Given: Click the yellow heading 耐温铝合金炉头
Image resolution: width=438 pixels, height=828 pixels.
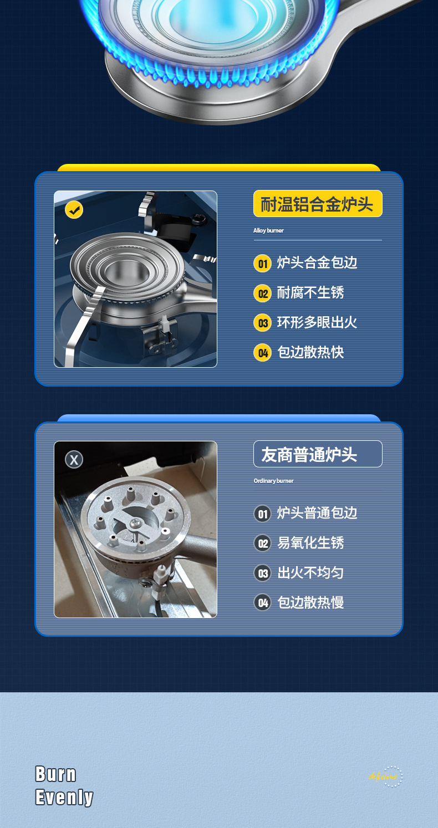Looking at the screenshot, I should click(317, 204).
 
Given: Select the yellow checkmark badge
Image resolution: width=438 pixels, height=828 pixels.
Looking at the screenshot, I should click(74, 210).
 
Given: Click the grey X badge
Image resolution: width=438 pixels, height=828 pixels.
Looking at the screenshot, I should click(74, 459).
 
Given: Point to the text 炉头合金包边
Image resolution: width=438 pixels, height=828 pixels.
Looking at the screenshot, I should click(317, 263).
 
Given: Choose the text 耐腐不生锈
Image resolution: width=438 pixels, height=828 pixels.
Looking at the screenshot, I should click(310, 292).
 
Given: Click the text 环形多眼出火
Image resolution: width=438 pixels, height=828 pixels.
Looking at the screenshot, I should click(317, 322).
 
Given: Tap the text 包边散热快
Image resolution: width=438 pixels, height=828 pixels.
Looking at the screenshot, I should click(310, 352).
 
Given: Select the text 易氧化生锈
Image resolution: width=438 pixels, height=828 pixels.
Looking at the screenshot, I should click(310, 543).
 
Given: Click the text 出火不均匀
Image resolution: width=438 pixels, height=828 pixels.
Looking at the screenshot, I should click(310, 573).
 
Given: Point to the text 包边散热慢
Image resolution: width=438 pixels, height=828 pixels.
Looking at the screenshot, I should click(310, 603).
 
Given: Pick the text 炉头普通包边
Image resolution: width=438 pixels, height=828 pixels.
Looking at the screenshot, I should click(317, 513).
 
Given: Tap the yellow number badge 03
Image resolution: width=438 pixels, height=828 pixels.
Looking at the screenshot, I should click(263, 323).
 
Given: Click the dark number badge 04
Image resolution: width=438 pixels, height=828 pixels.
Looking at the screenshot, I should click(263, 603).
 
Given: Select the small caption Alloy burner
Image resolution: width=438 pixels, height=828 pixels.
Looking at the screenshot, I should click(268, 230).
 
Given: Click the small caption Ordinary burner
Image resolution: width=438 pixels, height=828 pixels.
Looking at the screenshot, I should click(273, 481).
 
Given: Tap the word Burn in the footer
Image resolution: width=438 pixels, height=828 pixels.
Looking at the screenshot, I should click(55, 774).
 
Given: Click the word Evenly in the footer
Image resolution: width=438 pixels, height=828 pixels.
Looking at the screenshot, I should click(64, 798).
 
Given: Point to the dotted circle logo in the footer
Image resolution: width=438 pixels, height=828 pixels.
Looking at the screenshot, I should click(392, 776).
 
